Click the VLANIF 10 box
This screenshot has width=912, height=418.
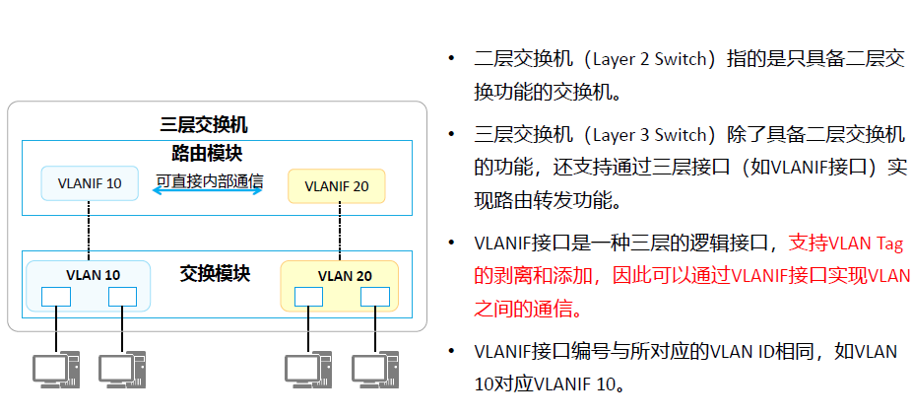pos(90,183)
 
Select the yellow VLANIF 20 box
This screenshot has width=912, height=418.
pos(336,185)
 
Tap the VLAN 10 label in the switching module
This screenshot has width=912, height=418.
pos(93,274)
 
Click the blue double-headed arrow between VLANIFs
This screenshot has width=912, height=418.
pos(208,191)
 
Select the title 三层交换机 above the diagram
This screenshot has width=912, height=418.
pos(204,125)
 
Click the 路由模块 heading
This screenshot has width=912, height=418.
pos(207,153)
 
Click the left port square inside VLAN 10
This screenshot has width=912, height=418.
pos(56,296)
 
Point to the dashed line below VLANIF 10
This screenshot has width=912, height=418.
pos(90,231)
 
